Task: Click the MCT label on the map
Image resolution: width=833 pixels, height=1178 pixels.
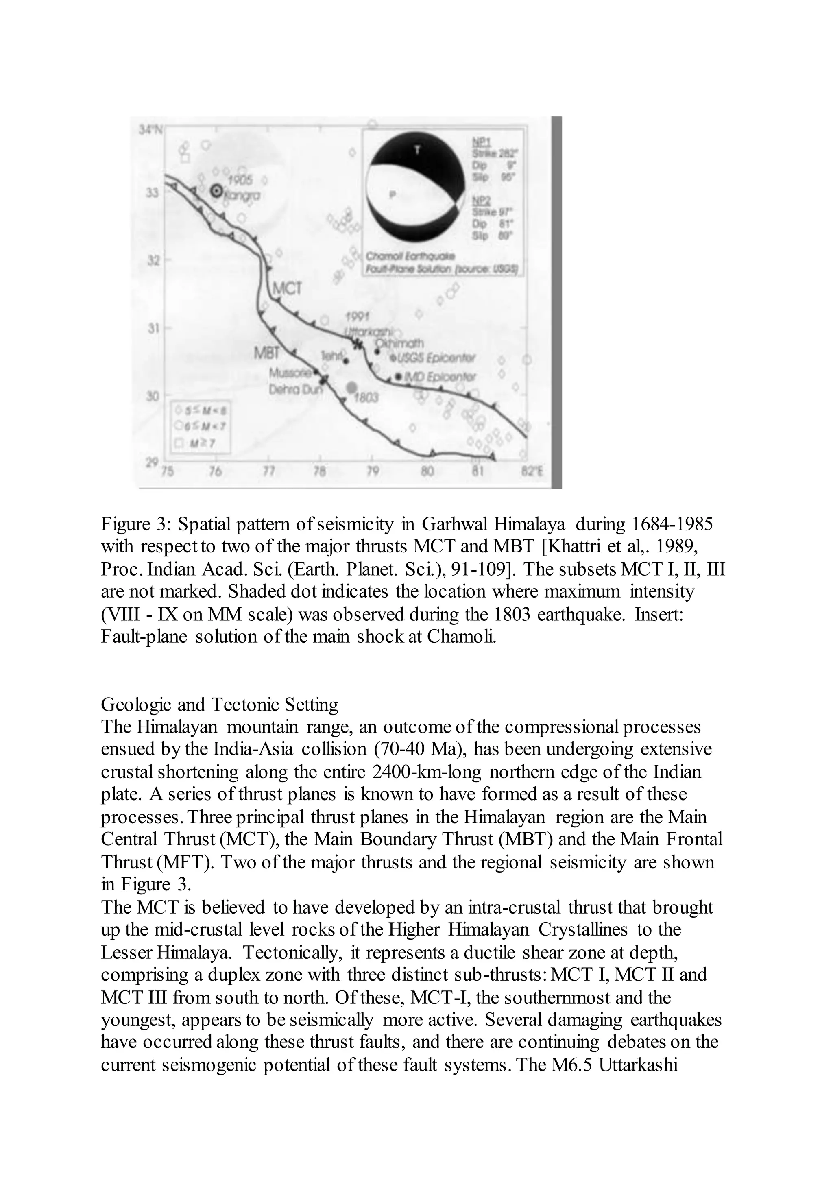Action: tap(287, 288)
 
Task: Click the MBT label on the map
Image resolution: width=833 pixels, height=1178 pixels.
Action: tap(267, 353)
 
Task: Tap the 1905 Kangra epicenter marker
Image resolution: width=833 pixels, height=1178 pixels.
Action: tap(217, 190)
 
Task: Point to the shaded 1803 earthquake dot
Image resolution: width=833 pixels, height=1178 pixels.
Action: tap(352, 387)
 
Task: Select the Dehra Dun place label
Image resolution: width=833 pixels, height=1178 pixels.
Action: tap(294, 390)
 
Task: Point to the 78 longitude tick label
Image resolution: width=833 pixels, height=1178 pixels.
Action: tap(320, 471)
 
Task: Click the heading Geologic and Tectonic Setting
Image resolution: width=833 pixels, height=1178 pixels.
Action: tap(220, 705)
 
